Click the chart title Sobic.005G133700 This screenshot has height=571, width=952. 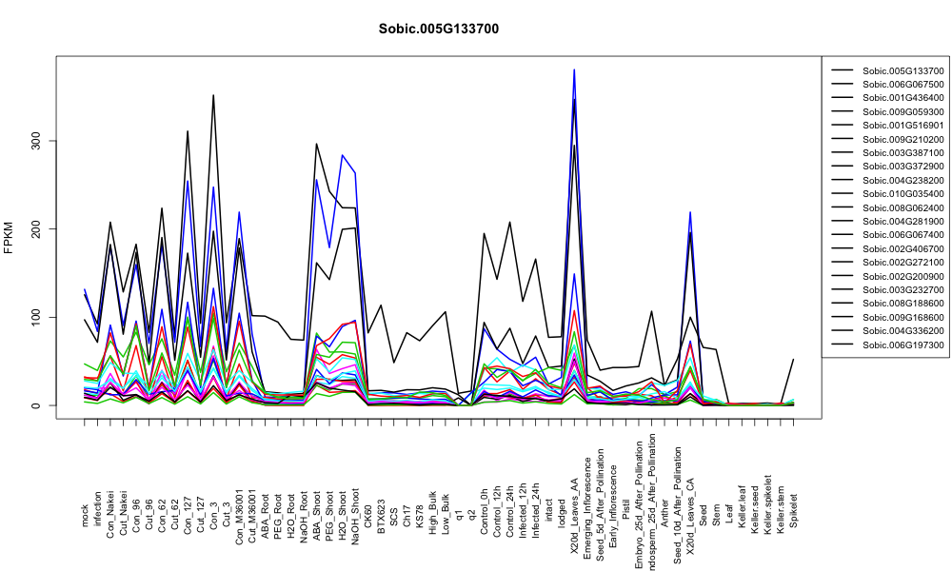pyautogui.click(x=438, y=30)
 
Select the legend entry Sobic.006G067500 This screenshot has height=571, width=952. pyautogui.click(x=902, y=85)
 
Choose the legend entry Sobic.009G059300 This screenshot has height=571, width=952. pyautogui.click(x=902, y=111)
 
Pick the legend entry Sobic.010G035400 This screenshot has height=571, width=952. pyautogui.click(x=902, y=194)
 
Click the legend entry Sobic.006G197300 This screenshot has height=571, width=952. pyautogui.click(x=902, y=345)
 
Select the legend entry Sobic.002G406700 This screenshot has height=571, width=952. pyautogui.click(x=902, y=248)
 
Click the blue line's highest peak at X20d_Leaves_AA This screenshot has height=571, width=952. pyautogui.click(x=574, y=69)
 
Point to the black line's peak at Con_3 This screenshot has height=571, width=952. pyautogui.click(x=213, y=95)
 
